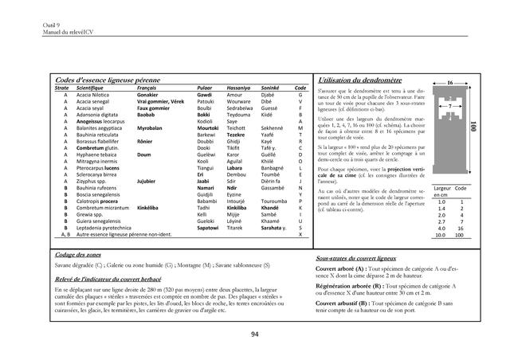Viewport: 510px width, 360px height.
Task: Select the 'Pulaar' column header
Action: click(x=205, y=88)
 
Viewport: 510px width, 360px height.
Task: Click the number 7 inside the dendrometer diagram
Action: click(x=450, y=106)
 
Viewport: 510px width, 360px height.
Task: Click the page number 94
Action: click(x=255, y=335)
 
